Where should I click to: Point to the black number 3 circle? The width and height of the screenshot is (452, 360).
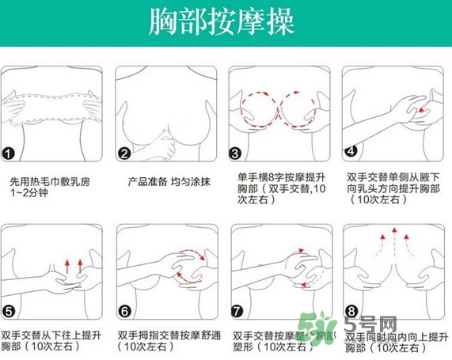(235, 153)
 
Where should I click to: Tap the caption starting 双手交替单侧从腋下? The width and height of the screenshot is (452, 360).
(393, 188)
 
